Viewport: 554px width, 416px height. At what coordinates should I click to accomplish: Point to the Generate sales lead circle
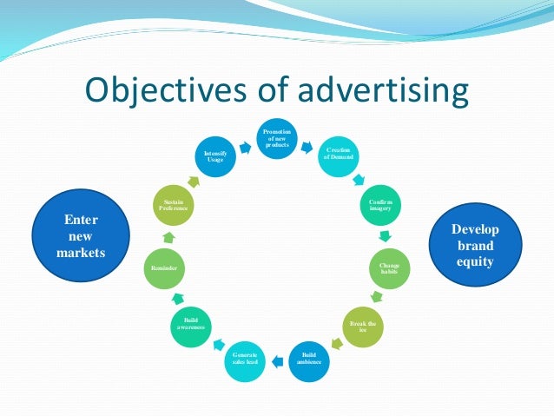tap(245, 358)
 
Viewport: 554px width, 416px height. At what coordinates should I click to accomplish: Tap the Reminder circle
tap(165, 269)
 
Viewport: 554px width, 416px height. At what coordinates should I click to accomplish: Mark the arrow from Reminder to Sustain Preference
tap(167, 237)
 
